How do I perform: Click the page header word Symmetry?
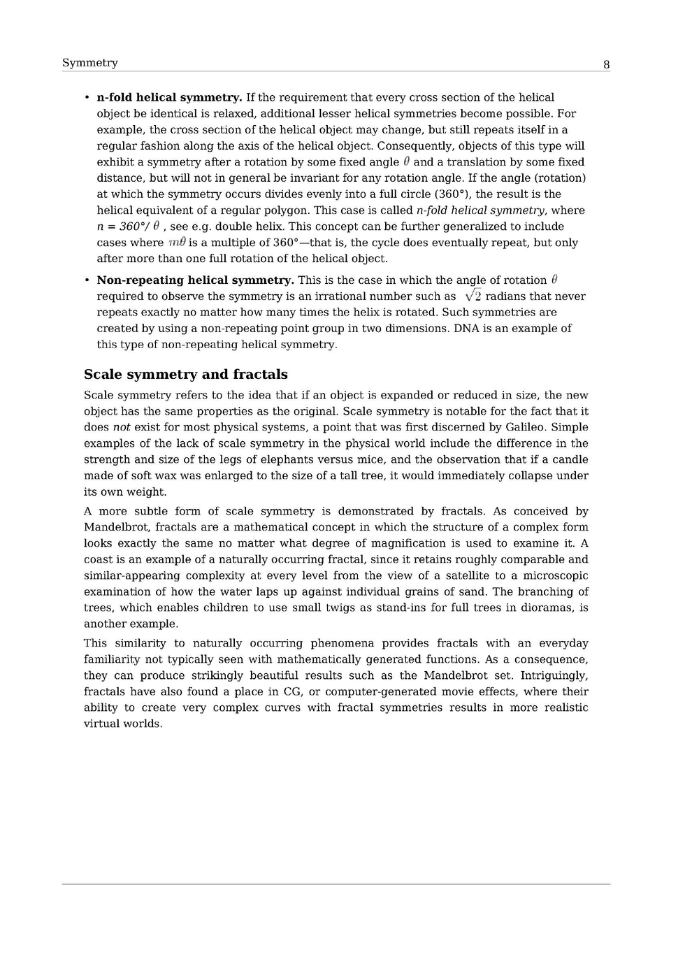pos(89,63)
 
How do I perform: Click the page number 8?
pos(606,64)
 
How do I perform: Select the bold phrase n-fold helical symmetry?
pos(169,97)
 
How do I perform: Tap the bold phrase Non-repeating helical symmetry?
pos(195,280)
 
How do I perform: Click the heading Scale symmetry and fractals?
pos(185,374)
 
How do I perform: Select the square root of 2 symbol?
pos(473,296)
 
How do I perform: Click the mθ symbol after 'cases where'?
pos(176,243)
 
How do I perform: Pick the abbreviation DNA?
pos(467,328)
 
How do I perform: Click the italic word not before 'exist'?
pos(121,427)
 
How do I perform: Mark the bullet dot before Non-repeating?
pos(87,280)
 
